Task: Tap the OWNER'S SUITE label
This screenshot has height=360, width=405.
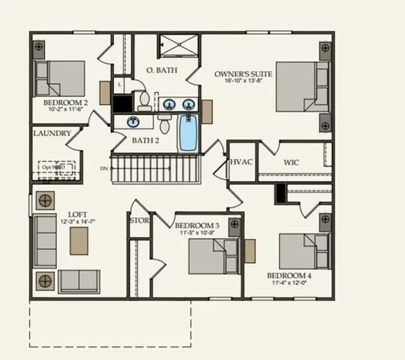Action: [243, 73]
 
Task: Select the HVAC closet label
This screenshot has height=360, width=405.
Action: [241, 162]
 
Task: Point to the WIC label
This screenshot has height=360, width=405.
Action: [292, 162]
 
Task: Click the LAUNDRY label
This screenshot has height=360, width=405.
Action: [52, 133]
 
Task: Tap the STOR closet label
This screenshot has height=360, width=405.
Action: [139, 220]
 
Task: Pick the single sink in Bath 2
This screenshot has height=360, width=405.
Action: [133, 121]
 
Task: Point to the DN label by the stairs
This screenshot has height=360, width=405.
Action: [103, 169]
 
